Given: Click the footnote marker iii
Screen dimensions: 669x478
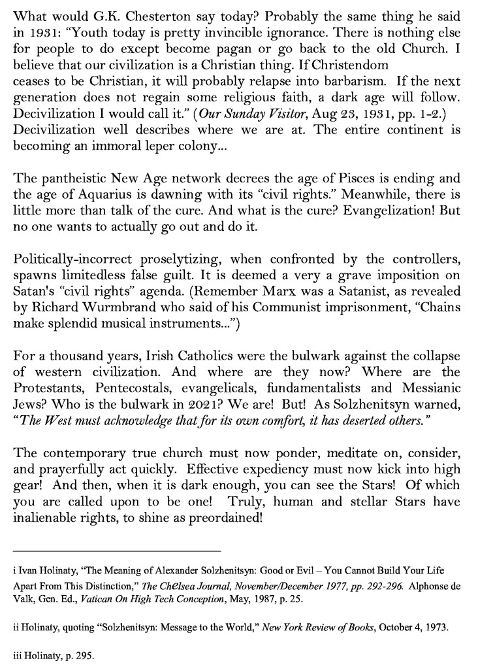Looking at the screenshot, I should point(16,659).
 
